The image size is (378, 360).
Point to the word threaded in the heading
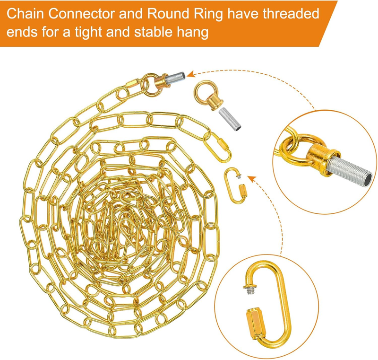pos(293,14)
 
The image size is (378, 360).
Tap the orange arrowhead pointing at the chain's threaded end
pos(191,73)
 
